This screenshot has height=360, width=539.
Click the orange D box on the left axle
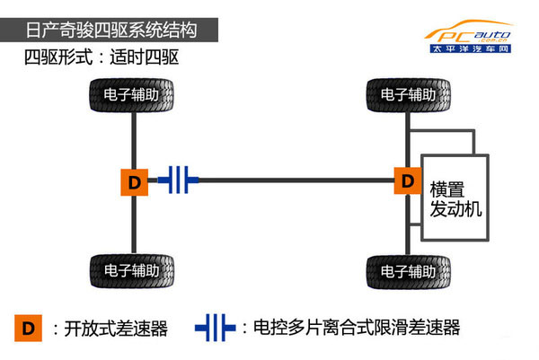pos(133,181)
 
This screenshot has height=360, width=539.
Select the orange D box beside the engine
pos(408,181)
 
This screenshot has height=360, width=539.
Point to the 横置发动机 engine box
pos(455,198)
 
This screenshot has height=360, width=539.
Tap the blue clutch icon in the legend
pos(216,329)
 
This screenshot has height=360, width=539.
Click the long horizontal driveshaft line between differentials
pos(296,181)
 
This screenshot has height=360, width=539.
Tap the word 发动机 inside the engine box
pos(456,210)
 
